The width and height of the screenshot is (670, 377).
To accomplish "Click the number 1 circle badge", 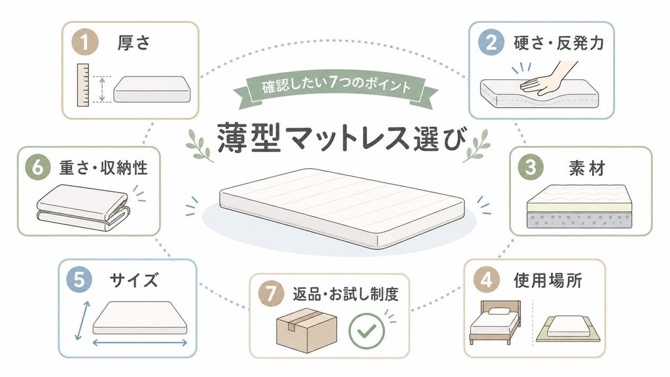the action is point(84,43).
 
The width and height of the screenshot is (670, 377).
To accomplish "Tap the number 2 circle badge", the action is point(491,43).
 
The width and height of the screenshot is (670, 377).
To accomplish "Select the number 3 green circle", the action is point(530,167).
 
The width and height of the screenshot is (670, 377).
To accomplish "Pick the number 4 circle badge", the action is point(486,280).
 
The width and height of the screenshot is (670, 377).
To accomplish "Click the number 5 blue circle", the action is point(79,280).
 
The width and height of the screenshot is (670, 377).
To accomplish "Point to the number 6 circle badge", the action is point(37,167).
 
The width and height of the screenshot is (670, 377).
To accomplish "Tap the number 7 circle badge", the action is point(271,294).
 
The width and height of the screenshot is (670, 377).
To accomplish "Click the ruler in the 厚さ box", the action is point(83,85).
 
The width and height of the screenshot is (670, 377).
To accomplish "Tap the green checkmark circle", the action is point(366,331).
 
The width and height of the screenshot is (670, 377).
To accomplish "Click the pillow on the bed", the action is point(498,312).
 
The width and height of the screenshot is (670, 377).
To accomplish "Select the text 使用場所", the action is point(548,281).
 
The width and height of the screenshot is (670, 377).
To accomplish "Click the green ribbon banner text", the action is point(336,84).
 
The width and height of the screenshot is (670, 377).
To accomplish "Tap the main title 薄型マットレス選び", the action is point(340,137).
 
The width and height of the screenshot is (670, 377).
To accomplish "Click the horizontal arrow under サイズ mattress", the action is point(140,342).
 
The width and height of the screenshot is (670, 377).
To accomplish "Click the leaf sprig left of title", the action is point(200,145).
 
